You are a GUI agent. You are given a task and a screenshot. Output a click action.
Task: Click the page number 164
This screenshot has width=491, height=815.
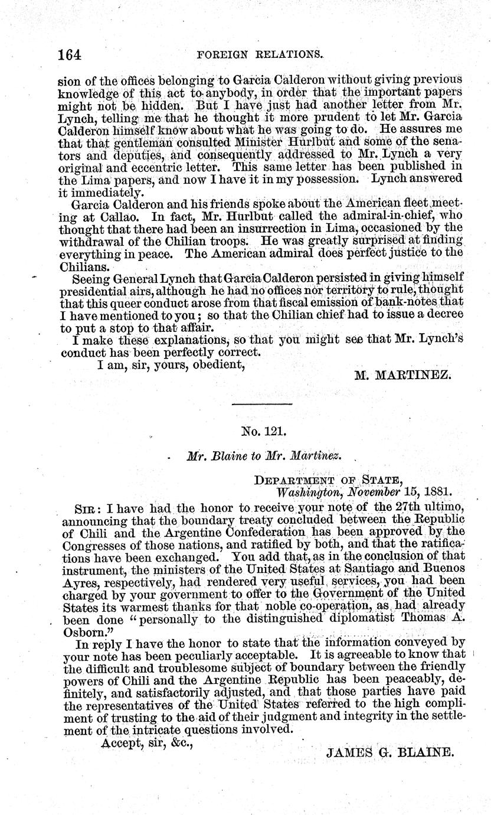click(x=69, y=54)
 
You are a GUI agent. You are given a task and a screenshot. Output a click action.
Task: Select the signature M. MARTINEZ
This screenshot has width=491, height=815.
click(x=403, y=374)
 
